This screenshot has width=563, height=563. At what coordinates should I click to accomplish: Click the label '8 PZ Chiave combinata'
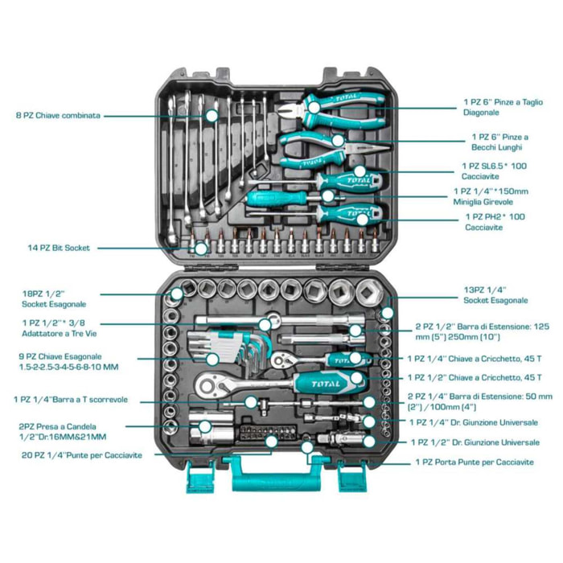pos(59,116)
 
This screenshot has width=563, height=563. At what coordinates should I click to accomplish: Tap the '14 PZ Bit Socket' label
pos(58,248)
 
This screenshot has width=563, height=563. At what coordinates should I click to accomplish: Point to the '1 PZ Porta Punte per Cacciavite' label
pos(474,462)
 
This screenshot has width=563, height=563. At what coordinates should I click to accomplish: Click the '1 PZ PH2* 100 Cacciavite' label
pos(495,222)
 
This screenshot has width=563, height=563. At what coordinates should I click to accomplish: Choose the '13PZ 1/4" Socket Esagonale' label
pos(495,295)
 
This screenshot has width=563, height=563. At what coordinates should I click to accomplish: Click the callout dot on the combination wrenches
pos(212,116)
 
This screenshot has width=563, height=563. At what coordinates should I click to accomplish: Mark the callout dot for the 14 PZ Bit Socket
pos(200,248)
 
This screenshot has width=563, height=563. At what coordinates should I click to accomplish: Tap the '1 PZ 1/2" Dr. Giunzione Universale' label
pos(474,442)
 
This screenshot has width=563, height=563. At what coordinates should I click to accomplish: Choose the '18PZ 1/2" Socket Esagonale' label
pos(53,299)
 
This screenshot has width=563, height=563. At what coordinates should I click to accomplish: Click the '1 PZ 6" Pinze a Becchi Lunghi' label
pos(499,142)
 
